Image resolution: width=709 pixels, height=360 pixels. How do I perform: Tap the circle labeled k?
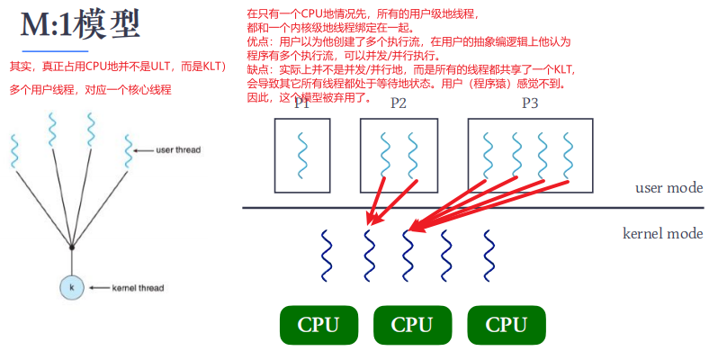(x=71, y=287)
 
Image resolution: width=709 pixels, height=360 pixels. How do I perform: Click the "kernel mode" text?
(x=662, y=233)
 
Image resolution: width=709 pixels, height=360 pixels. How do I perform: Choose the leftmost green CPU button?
(x=319, y=325)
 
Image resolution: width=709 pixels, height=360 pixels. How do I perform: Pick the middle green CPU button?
(x=412, y=325)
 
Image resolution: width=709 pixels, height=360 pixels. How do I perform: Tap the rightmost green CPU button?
(x=506, y=325)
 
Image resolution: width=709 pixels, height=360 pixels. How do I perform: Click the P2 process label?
(x=399, y=103)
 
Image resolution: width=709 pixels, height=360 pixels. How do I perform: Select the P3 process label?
(x=530, y=103)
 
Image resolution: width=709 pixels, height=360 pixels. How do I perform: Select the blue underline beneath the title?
(x=55, y=51)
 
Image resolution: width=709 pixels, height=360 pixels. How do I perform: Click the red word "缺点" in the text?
(x=258, y=68)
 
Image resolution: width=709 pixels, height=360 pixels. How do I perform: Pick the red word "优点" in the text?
(x=258, y=41)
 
